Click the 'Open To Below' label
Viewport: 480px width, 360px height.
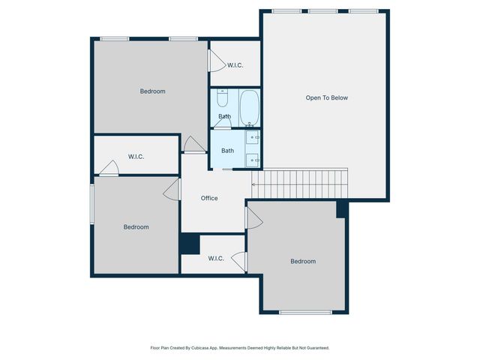(326, 97)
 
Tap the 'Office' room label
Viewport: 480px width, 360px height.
(209, 198)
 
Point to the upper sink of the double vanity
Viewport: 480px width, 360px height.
(253, 137)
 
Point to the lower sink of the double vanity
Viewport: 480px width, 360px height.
(253, 159)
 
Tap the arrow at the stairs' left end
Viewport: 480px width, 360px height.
(255, 184)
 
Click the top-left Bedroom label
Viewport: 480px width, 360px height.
(152, 91)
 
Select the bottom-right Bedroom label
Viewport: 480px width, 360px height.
(303, 261)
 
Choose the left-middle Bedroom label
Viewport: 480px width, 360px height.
(136, 226)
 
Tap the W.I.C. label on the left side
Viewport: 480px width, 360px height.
(136, 156)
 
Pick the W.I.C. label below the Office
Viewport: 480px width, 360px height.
(215, 259)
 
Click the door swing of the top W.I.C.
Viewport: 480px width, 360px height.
(217, 58)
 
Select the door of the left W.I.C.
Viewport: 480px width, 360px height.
(110, 168)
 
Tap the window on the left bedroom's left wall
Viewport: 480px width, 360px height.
(92, 204)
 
